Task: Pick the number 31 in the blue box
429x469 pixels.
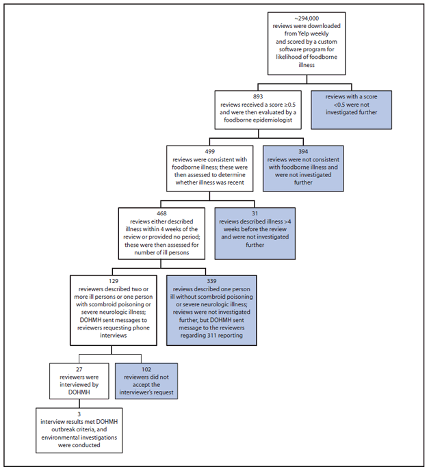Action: coord(256,213)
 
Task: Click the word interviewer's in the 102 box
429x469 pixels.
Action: coord(141,393)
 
